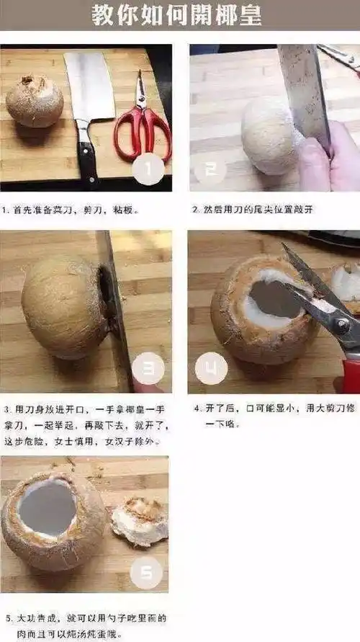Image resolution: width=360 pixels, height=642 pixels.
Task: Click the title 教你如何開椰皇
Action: coord(176,15)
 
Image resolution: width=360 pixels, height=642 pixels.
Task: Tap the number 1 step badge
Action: coord(149,169)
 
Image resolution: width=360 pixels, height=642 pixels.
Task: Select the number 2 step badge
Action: coord(210,169)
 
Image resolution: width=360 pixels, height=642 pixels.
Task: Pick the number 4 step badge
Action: coord(211,369)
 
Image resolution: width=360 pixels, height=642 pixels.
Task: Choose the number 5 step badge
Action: coord(147,572)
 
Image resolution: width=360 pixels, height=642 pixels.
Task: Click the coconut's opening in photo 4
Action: coord(272,299)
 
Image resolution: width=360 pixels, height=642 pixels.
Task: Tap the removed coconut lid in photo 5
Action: coord(140,521)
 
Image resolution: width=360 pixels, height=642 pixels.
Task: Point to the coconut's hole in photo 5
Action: coord(48,508)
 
